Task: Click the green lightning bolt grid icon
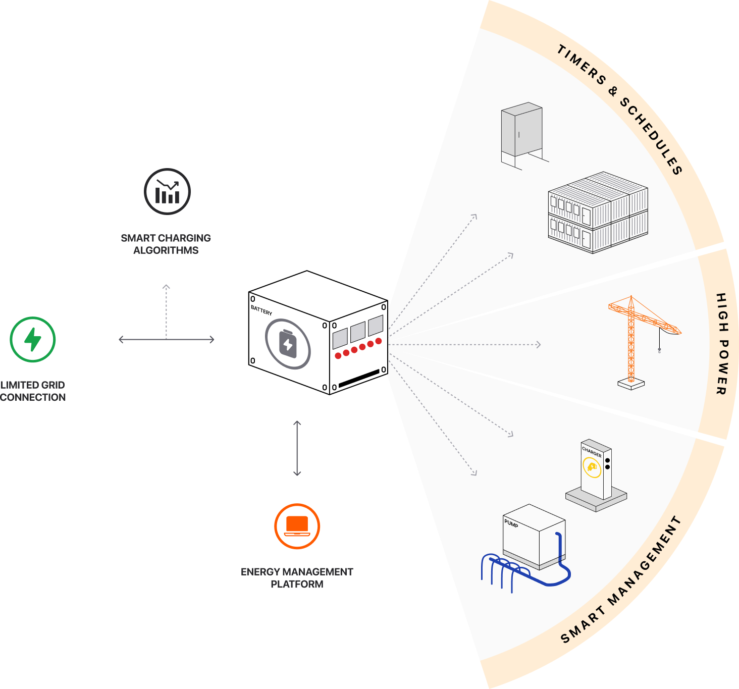click(33, 339)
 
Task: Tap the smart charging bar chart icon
click(167, 192)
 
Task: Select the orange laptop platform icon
click(297, 526)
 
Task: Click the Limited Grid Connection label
click(33, 391)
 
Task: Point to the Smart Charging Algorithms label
click(166, 244)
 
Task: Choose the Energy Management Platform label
click(297, 577)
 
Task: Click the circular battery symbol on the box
click(288, 344)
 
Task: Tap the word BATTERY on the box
click(261, 310)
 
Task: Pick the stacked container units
click(598, 212)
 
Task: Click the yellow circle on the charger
click(592, 466)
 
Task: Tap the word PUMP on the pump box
click(511, 523)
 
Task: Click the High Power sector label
click(722, 344)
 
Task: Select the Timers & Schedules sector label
click(620, 109)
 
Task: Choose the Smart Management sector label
click(621, 580)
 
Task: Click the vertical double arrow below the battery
click(297, 448)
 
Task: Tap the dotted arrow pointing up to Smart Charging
click(166, 310)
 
